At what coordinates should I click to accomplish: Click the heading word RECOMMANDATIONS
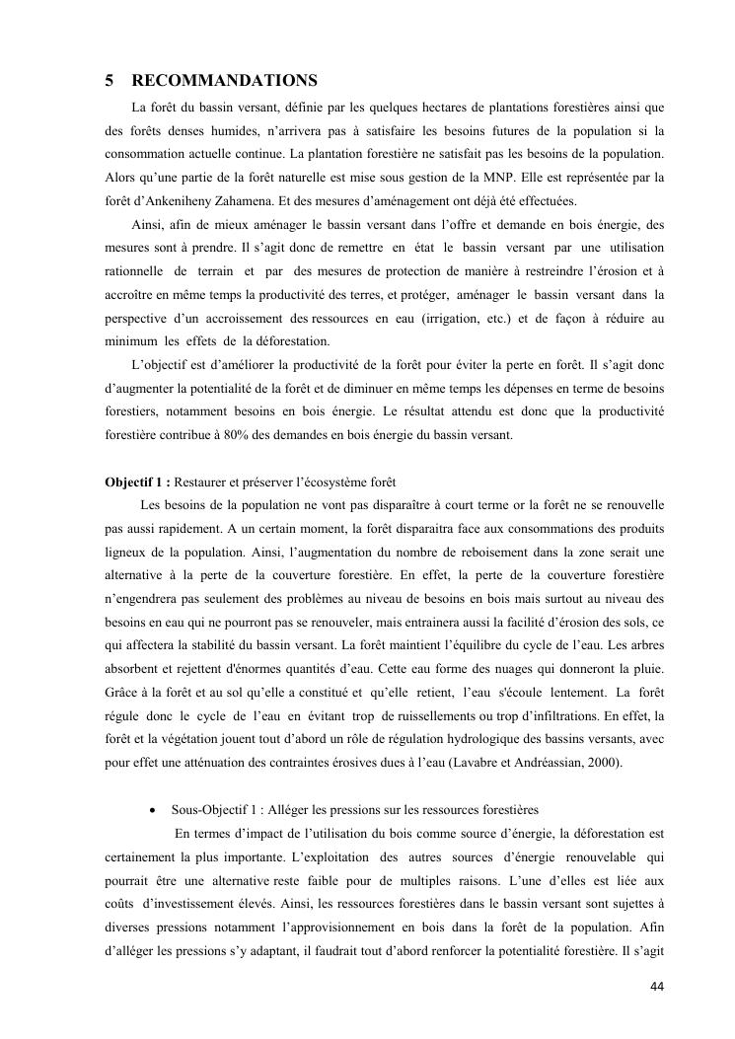[224, 80]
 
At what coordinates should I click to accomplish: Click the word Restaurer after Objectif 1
[204, 482]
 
